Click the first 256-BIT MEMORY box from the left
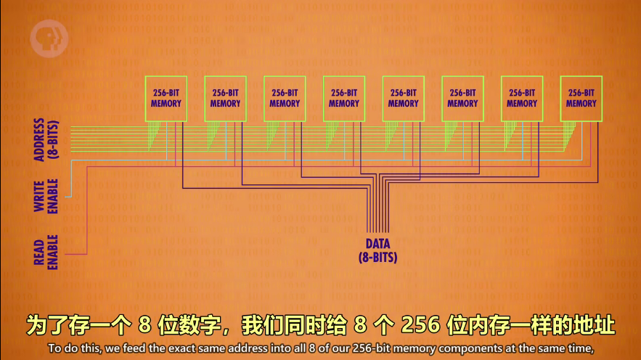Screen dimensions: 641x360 tap(166, 98)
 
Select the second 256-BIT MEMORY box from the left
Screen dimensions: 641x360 tap(225, 98)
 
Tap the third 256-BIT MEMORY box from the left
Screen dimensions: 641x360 tap(285, 98)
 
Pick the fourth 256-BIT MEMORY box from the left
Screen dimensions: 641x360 tap(344, 98)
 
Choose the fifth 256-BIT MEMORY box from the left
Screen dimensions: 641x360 tap(404, 98)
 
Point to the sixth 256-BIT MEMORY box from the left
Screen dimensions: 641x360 tap(462, 98)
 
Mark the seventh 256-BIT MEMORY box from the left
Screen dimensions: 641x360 tap(522, 98)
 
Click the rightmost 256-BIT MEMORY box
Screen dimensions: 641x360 tap(581, 98)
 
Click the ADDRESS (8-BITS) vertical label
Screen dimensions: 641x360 tap(45, 140)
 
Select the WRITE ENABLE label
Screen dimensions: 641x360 tap(45, 195)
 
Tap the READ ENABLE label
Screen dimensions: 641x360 tap(45, 252)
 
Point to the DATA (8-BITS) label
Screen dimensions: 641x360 tap(377, 250)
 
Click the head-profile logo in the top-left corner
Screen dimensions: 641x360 tap(49, 40)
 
